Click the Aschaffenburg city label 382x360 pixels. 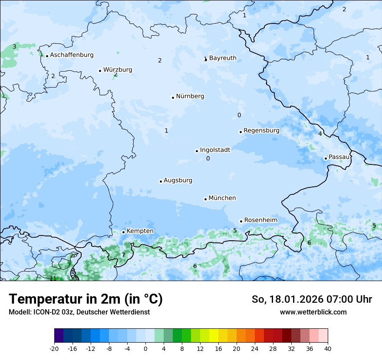tap(72, 55)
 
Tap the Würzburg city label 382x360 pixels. tap(118, 70)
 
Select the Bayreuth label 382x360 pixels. tap(223, 58)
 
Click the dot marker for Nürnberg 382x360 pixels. tap(173, 98)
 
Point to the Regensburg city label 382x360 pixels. tap(261, 131)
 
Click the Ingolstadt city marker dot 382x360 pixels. tap(197, 151)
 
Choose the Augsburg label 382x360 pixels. tap(178, 180)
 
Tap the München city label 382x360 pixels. tap(222, 198)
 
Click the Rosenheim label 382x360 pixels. tap(260, 220)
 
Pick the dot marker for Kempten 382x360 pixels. tap(123, 232)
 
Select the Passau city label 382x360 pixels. tap(339, 157)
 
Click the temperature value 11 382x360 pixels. tap(53, 278)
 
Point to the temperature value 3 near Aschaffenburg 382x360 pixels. tap(14, 46)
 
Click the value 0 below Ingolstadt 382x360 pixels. tap(208, 159)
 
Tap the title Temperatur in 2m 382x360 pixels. tap(86, 299)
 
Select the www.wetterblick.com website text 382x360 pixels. tap(313, 312)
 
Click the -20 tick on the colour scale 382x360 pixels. tap(54, 349)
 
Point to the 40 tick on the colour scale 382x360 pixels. tap(327, 349)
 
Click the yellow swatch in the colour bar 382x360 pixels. tap(214, 336)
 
